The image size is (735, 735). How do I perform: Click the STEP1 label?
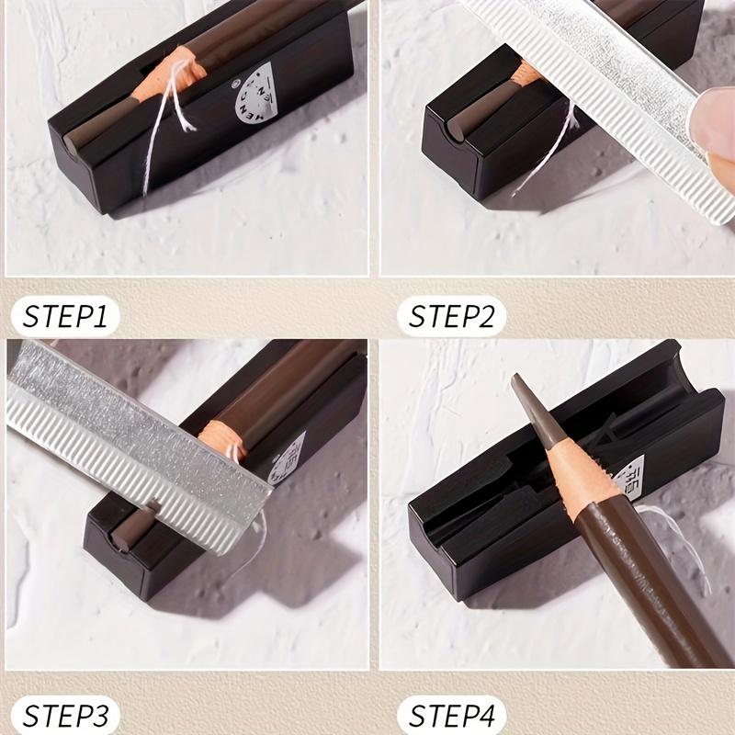tap(66, 317)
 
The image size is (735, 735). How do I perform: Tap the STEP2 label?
tap(452, 317)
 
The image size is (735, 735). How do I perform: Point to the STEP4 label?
tap(452, 714)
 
